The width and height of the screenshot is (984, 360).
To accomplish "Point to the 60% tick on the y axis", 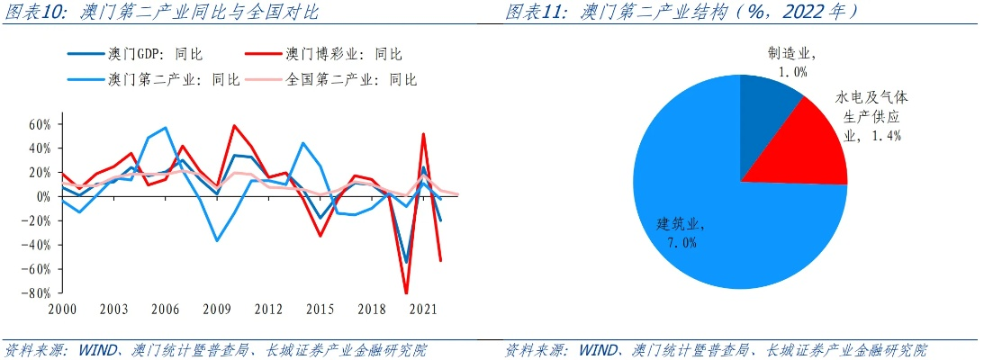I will [39, 123].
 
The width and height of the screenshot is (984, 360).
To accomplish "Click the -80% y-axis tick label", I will [37, 293].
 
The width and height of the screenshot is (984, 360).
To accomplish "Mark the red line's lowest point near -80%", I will [406, 292].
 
